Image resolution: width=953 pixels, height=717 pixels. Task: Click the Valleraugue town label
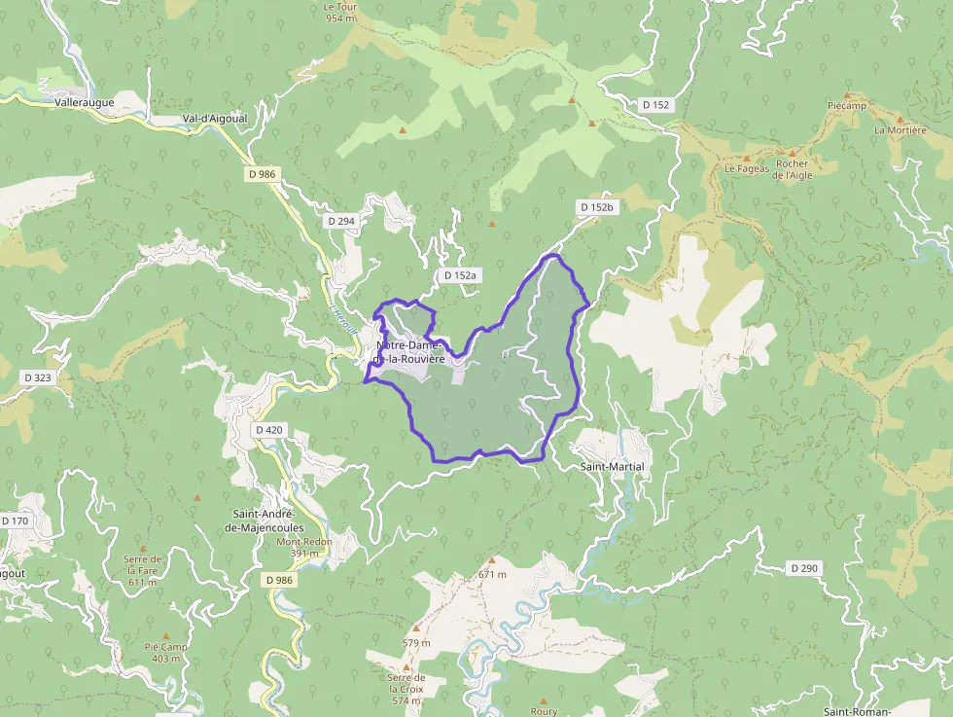click(x=85, y=101)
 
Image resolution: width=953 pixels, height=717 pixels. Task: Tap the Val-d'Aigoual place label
click(x=215, y=119)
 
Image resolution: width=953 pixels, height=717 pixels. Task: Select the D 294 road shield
click(x=341, y=221)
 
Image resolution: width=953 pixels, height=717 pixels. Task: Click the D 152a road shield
click(x=460, y=275)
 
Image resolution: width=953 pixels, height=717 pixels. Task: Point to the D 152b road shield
click(x=596, y=207)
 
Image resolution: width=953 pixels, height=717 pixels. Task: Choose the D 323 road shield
click(x=37, y=376)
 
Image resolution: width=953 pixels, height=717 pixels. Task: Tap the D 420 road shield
click(x=269, y=429)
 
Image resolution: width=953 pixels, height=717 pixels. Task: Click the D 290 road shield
click(x=804, y=567)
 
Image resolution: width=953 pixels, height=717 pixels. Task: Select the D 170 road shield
click(x=16, y=520)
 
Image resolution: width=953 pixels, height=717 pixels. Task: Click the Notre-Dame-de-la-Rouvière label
click(x=409, y=352)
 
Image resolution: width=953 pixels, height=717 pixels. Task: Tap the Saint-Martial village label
click(x=612, y=467)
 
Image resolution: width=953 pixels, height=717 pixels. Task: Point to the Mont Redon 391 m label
click(x=304, y=548)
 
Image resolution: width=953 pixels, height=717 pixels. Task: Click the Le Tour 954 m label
click(x=340, y=12)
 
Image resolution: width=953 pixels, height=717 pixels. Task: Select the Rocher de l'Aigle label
click(x=792, y=169)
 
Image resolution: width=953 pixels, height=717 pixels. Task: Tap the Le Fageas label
click(x=747, y=168)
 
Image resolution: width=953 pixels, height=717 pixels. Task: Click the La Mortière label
click(x=900, y=129)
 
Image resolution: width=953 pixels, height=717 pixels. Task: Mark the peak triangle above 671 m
click(x=492, y=560)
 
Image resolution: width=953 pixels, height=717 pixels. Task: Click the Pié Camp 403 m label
click(x=165, y=653)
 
